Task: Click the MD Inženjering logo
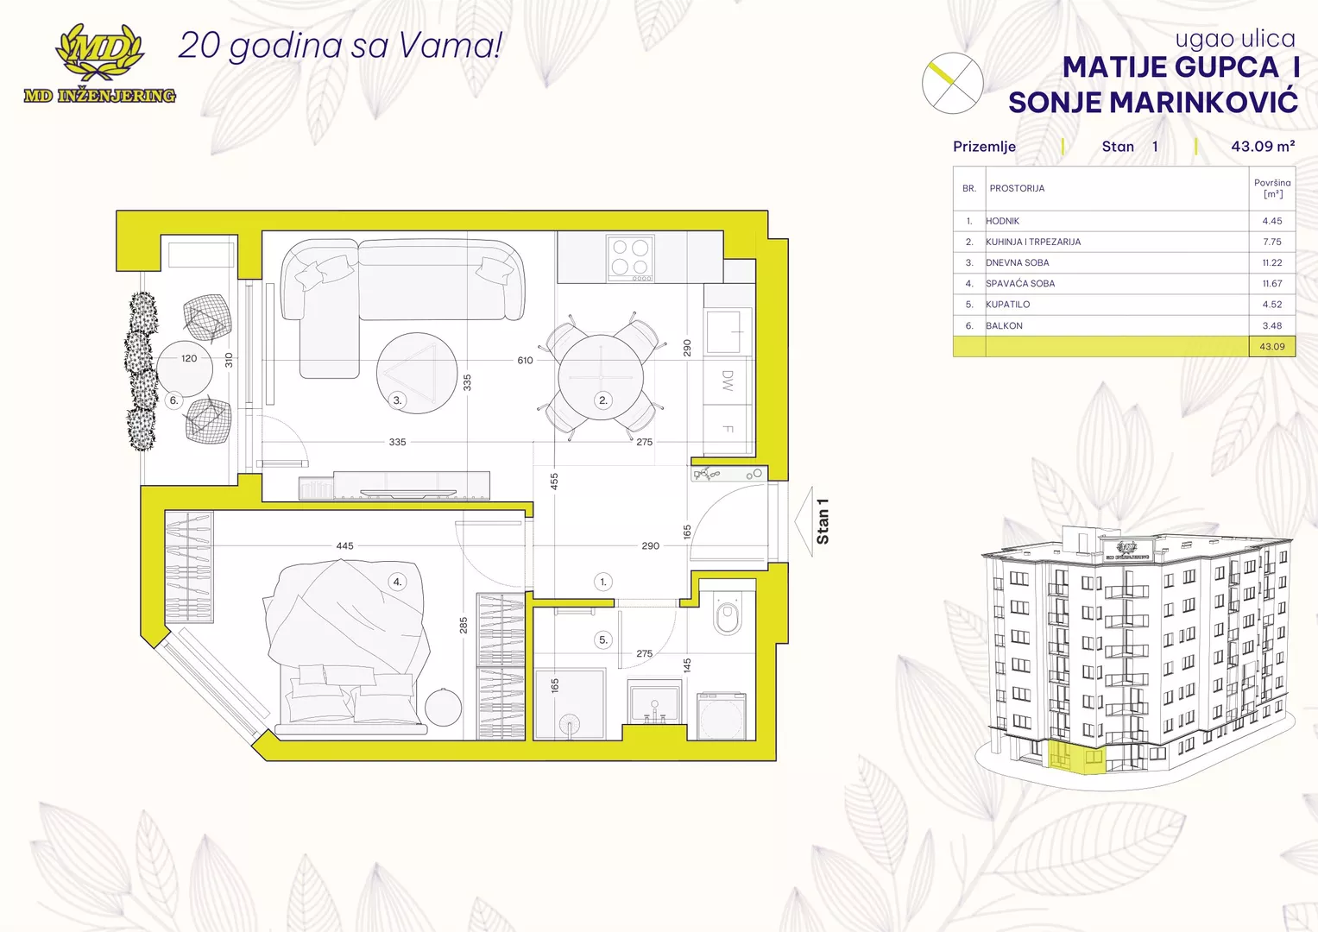(x=99, y=64)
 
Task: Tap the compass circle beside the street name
(x=952, y=83)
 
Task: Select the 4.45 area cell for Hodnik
(x=1271, y=221)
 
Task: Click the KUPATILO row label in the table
(x=1008, y=305)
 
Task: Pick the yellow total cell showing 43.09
(x=1272, y=347)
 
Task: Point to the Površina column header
(x=1272, y=188)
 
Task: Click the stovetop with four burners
(x=630, y=258)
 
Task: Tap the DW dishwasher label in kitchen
(x=728, y=381)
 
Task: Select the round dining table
(x=601, y=376)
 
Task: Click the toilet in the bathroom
(x=728, y=614)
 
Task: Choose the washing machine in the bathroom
(x=722, y=716)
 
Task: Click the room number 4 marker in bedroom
(x=397, y=582)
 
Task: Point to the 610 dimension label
(x=525, y=360)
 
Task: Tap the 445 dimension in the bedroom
(x=344, y=546)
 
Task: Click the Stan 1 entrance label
(x=823, y=521)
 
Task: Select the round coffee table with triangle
(x=417, y=373)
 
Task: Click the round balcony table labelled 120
(x=185, y=368)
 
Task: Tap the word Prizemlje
(x=984, y=147)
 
